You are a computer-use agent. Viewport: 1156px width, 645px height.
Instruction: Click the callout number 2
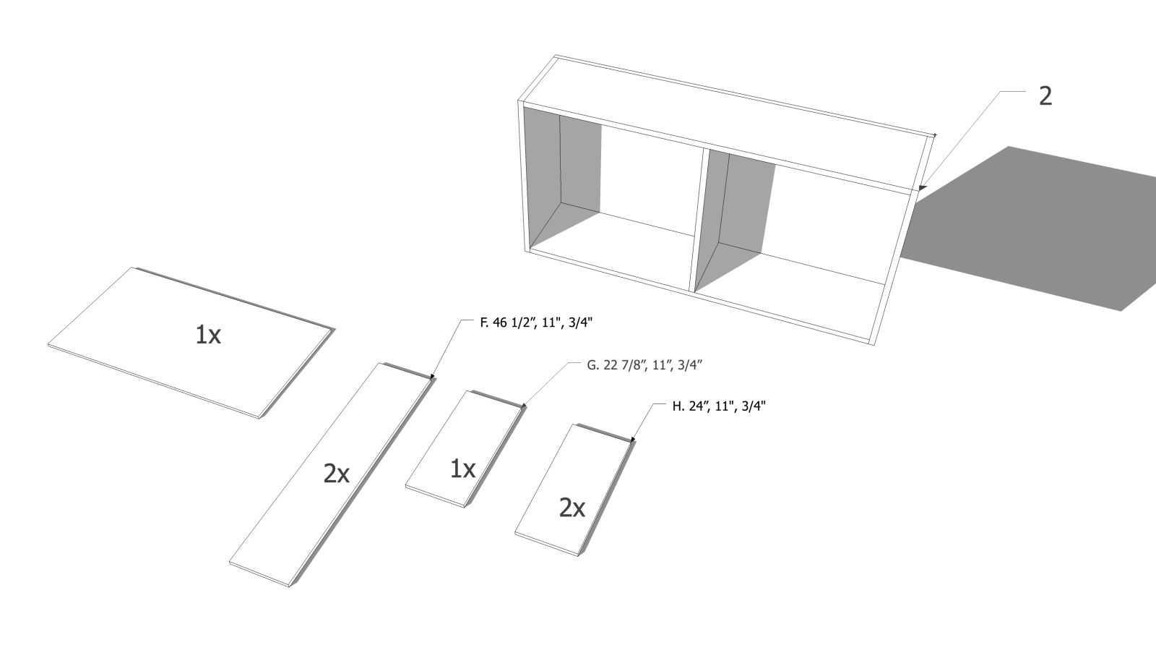1045,97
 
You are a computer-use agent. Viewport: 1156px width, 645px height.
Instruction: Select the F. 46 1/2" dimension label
536,323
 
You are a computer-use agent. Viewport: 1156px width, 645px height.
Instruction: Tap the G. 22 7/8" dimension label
644,366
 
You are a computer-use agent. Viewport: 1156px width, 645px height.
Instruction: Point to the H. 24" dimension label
718,406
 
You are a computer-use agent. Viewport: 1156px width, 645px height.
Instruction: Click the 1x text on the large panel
208,335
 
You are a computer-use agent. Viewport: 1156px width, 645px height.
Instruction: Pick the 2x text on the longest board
337,474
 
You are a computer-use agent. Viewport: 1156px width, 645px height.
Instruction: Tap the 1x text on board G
463,469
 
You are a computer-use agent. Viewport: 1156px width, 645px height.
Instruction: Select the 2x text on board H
571,508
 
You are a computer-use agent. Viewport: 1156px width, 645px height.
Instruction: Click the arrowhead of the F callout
433,376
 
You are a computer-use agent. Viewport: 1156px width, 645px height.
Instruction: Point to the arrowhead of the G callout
524,406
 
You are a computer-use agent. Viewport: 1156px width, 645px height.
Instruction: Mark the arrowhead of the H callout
633,440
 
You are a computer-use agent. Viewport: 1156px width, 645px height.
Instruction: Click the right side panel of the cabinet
900,240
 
